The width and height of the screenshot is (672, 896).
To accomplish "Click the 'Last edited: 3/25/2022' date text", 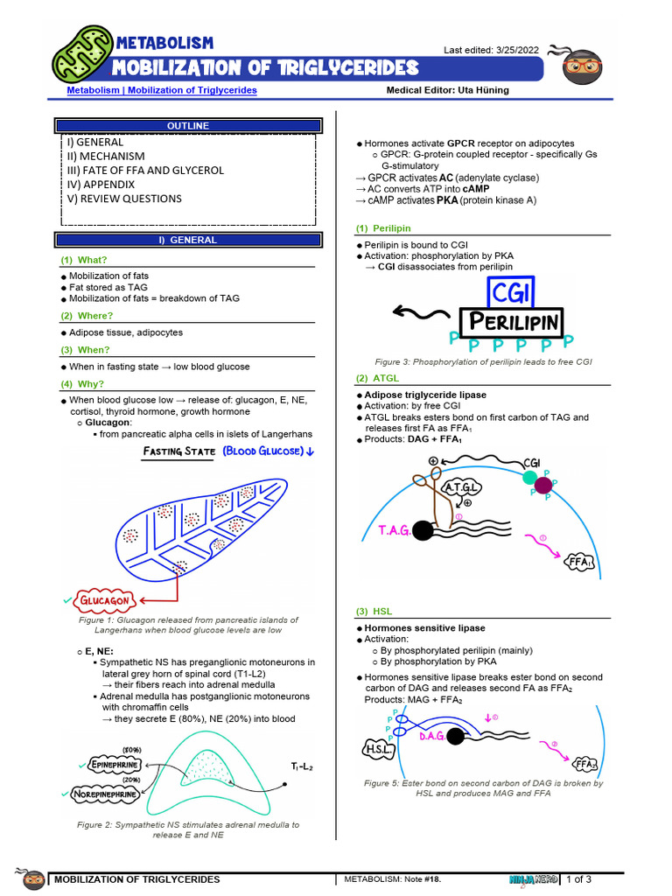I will click(x=492, y=51).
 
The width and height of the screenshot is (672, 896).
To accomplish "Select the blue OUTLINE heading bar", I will click(x=188, y=126).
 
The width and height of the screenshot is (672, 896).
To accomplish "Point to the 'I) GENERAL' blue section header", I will click(x=188, y=240).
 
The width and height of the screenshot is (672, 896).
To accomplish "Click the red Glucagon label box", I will click(x=106, y=601).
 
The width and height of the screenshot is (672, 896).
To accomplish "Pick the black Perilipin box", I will click(x=513, y=322).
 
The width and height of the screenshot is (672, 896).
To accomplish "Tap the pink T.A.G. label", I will click(x=395, y=531).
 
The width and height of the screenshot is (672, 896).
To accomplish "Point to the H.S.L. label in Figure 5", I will click(x=379, y=749).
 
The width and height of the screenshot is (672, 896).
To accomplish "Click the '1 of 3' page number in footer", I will click(x=578, y=879).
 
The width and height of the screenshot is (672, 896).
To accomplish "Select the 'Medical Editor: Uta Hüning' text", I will click(x=447, y=90).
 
